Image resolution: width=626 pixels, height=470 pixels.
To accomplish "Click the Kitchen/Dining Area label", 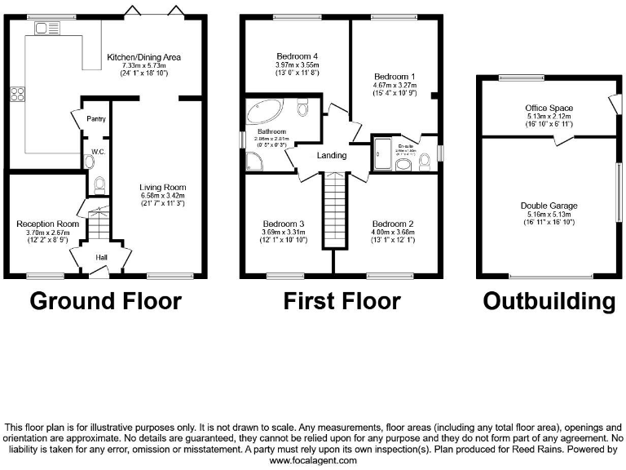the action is point(144,57).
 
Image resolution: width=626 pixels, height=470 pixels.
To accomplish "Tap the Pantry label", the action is point(96,119).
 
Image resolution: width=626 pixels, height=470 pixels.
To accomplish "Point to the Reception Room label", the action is point(48,224).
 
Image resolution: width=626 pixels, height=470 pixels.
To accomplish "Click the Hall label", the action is point(103,258).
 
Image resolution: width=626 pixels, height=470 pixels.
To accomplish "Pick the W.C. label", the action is point(97,151).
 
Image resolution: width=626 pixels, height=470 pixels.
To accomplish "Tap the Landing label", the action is point(331,155).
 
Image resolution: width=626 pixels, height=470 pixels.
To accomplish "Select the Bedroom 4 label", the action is point(295,56).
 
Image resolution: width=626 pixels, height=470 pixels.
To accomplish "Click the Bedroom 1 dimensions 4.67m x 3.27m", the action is point(395,85).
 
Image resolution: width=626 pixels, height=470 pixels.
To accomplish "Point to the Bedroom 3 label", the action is point(284,224).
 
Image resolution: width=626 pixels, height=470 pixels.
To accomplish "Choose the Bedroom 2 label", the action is point(394,224).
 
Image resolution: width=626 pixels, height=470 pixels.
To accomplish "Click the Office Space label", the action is point(549,108).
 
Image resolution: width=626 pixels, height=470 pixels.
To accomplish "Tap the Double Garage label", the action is point(549,206).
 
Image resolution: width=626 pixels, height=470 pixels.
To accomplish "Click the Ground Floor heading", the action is point(105,301).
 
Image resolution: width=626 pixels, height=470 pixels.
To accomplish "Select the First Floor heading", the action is point(342,301).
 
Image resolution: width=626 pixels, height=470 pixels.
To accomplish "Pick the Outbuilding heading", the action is point(549,301).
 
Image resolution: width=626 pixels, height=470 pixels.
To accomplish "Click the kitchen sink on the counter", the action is point(42,29).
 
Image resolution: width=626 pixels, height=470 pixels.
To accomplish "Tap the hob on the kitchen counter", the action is point(17,95).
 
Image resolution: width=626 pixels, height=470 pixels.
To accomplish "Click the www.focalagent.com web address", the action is point(313,460).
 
